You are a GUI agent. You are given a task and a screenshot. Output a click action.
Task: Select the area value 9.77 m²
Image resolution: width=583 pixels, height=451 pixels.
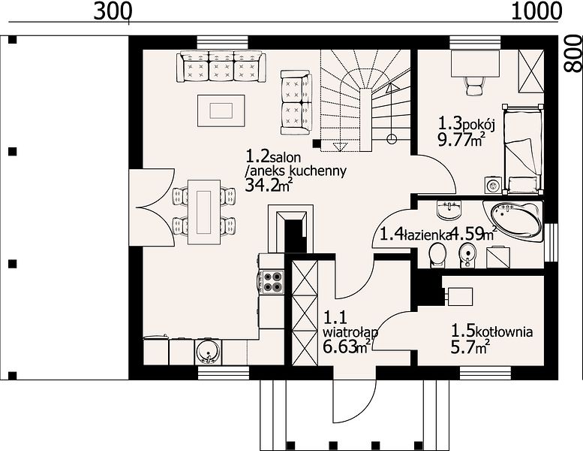(x=461, y=140)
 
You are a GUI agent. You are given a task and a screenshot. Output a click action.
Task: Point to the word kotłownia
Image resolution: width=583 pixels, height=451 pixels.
(x=504, y=331)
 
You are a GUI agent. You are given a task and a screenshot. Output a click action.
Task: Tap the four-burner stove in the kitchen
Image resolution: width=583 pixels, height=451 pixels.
(x=273, y=282)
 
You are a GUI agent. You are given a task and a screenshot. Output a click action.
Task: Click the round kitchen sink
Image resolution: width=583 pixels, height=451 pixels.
(x=208, y=352)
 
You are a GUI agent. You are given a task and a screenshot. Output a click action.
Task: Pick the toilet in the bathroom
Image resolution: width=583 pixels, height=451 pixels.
(x=437, y=256)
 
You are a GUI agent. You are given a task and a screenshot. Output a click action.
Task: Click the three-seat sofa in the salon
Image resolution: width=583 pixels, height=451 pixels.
(x=221, y=66)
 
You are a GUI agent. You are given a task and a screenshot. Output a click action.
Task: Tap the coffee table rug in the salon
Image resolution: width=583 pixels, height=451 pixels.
(x=221, y=110)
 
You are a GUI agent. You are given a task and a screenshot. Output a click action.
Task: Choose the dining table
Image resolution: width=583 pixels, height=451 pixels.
(x=204, y=212)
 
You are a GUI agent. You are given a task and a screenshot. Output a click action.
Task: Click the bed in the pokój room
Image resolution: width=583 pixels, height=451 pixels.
(x=522, y=149)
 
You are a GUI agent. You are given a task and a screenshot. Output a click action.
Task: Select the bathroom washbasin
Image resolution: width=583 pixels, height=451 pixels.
(x=449, y=210)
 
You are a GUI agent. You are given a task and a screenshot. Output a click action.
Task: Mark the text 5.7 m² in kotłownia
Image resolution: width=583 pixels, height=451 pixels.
(x=470, y=347)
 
